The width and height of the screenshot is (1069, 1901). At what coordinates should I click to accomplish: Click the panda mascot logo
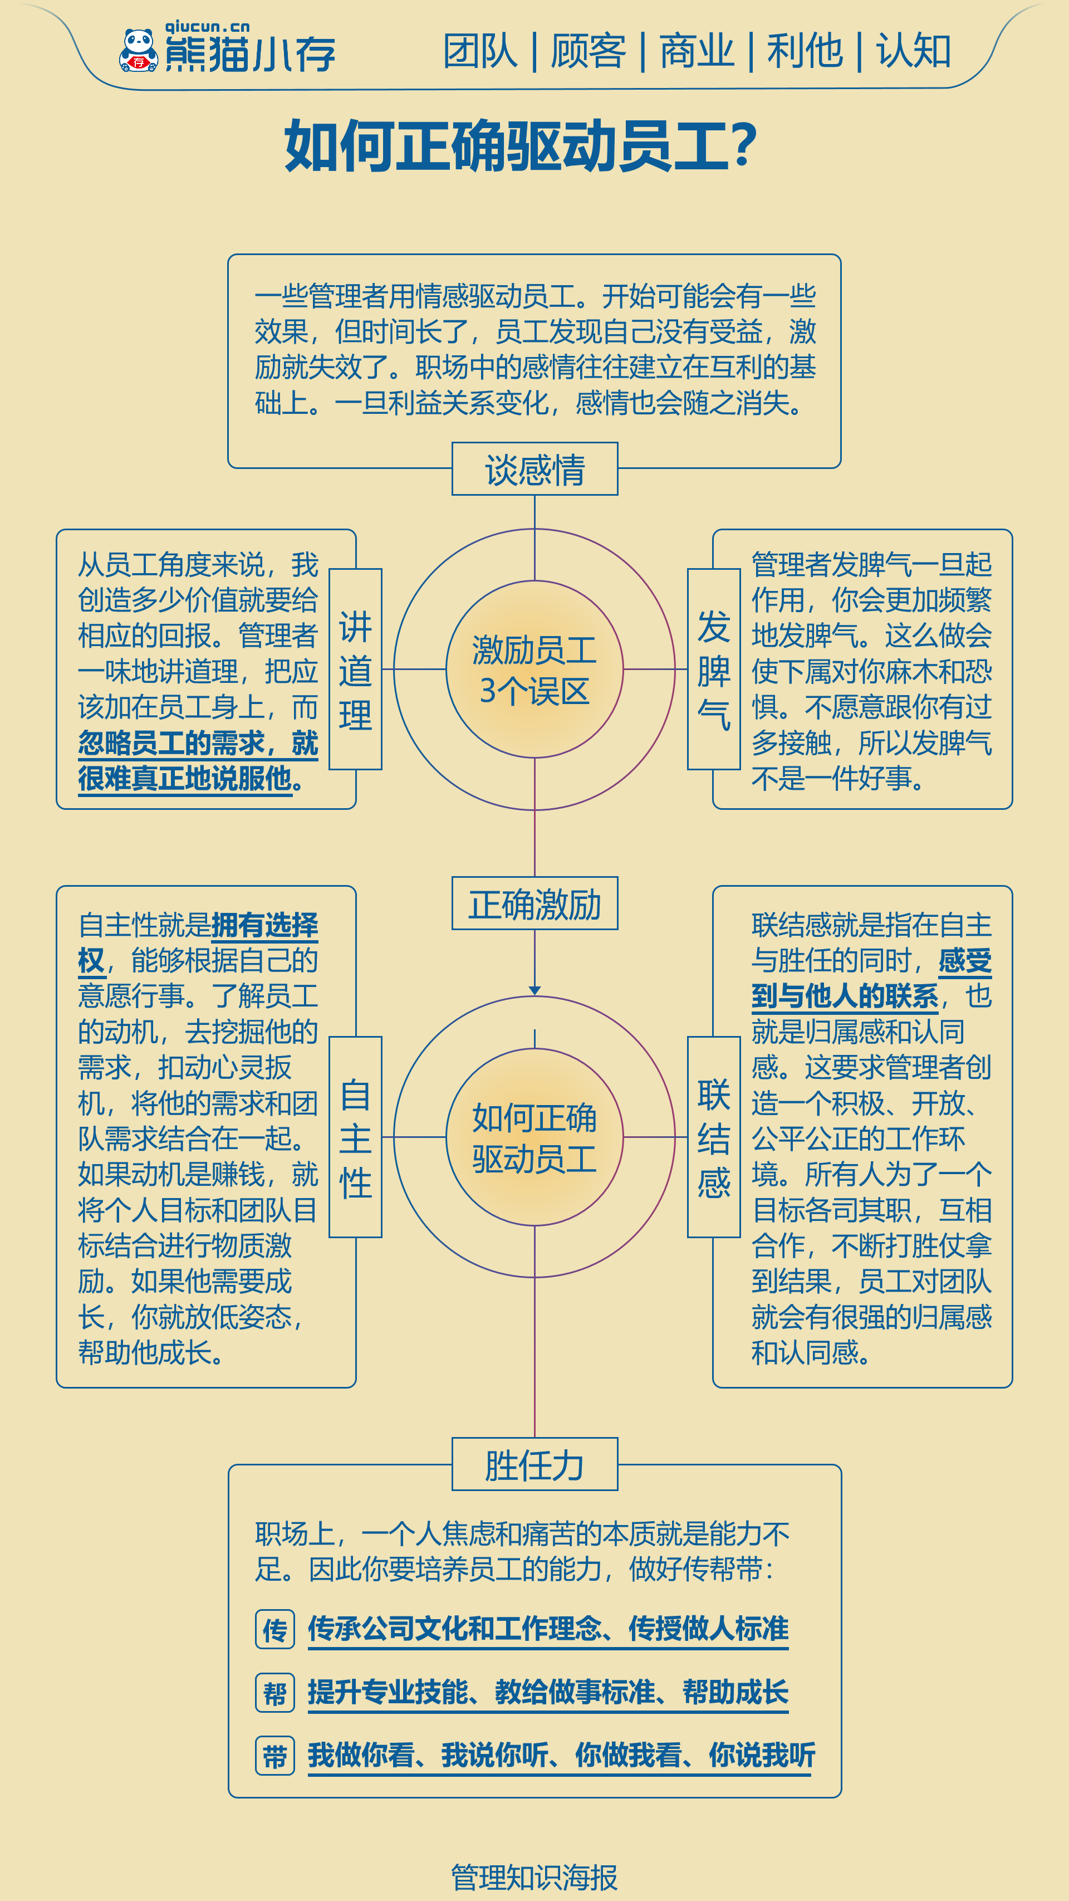(x=139, y=50)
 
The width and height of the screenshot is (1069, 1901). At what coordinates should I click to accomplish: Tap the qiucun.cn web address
(x=207, y=27)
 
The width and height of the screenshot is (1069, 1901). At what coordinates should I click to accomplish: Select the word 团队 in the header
(x=480, y=52)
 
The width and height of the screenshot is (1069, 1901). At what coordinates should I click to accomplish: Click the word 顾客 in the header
(x=588, y=52)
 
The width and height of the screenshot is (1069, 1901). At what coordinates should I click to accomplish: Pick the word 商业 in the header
(x=697, y=52)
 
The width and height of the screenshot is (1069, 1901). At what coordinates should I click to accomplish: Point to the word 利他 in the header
(x=805, y=52)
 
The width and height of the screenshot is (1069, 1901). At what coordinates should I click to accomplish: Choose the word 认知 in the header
(x=913, y=52)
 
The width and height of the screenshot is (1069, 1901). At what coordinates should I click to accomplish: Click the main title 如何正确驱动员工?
(x=521, y=146)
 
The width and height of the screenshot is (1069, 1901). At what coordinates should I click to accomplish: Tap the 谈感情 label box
(x=535, y=468)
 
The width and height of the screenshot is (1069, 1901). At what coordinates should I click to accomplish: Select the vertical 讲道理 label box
(x=356, y=669)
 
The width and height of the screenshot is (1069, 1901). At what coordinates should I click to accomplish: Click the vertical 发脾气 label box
(x=714, y=669)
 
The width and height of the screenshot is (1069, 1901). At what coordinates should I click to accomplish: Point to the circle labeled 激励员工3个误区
(x=535, y=669)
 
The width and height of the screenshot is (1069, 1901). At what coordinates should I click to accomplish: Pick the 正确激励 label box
(x=535, y=903)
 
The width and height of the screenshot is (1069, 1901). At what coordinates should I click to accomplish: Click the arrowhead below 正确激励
(x=535, y=990)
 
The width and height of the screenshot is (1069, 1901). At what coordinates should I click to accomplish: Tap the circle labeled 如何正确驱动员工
(x=535, y=1137)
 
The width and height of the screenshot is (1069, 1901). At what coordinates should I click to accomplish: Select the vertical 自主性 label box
(x=356, y=1137)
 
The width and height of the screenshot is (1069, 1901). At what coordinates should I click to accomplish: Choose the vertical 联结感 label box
(x=714, y=1137)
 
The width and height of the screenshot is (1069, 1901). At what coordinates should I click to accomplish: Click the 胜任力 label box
(x=535, y=1464)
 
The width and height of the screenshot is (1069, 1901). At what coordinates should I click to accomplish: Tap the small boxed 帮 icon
(x=275, y=1693)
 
